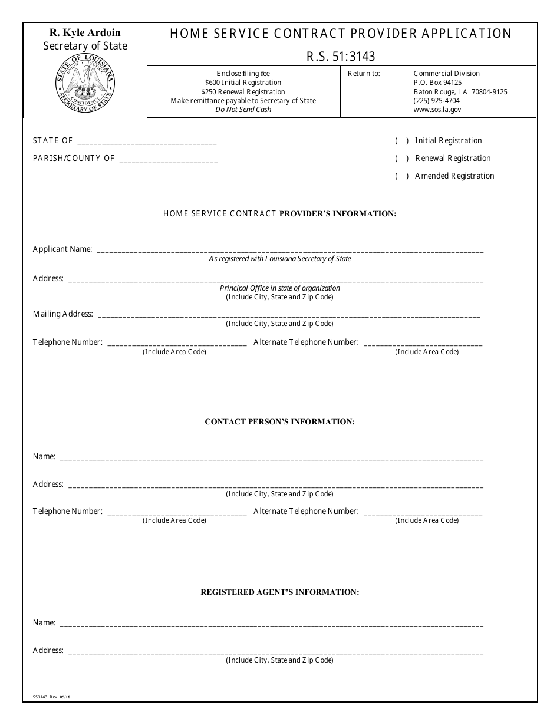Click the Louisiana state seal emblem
[x=85, y=83]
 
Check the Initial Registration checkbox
[x=402, y=141]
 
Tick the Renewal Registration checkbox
[x=402, y=159]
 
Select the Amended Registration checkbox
[x=402, y=176]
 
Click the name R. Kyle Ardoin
[x=85, y=33]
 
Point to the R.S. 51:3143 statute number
[x=341, y=57]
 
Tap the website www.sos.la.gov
[x=437, y=110]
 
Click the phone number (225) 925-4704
[x=436, y=101]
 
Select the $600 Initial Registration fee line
[x=243, y=83]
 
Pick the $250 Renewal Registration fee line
[x=243, y=92]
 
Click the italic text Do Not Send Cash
[x=243, y=110]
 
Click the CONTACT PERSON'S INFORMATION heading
[x=279, y=422]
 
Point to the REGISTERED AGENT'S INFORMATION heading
[x=279, y=592]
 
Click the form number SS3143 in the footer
[x=40, y=696]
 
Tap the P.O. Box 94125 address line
[x=437, y=83]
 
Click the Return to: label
[x=364, y=74]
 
